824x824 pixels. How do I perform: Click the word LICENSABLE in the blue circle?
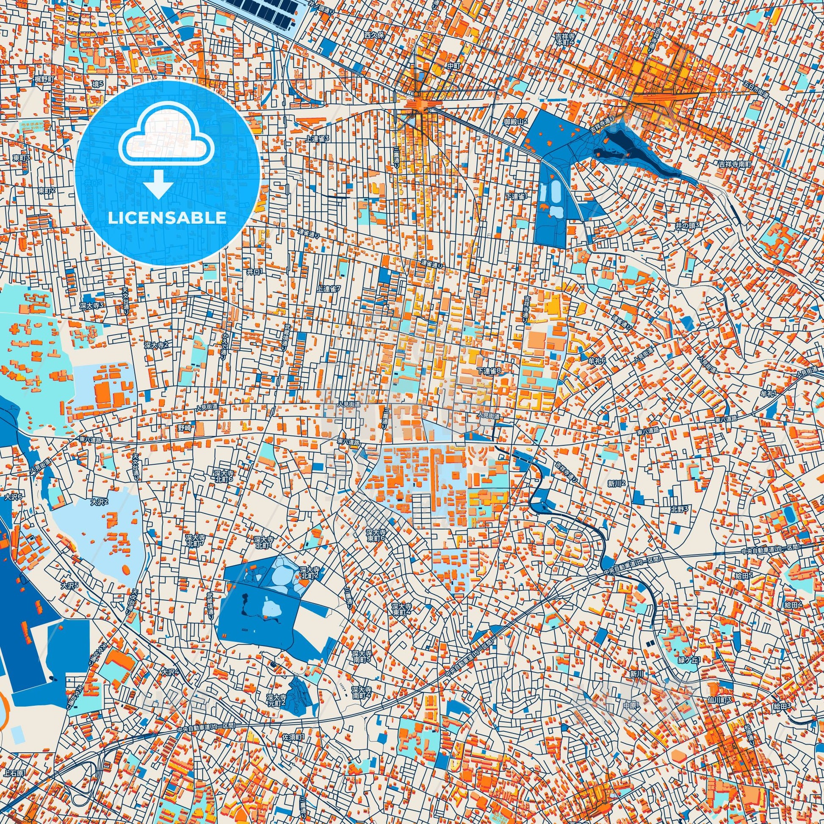click(x=167, y=218)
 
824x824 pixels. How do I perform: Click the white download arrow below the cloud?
click(x=158, y=183)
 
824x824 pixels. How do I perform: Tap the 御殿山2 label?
click(x=516, y=122)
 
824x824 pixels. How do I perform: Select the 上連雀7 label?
click(x=329, y=289)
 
